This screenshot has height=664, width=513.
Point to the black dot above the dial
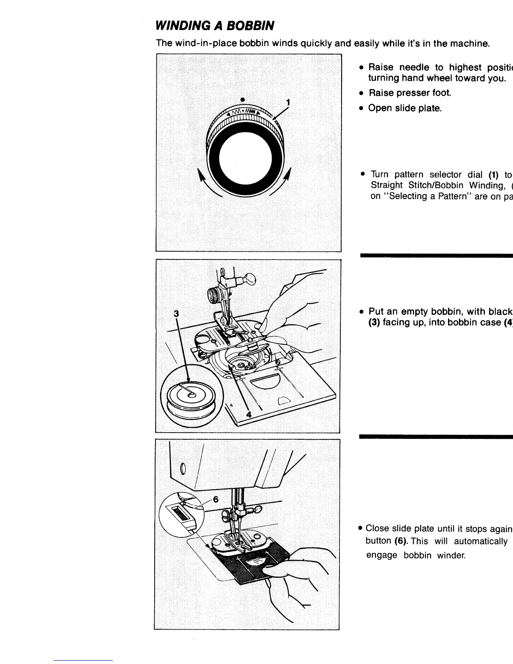coord(243,100)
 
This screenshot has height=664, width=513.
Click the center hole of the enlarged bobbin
coord(191,394)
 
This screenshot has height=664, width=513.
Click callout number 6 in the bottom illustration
coord(216,499)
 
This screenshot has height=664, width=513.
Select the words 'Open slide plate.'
coord(405,108)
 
